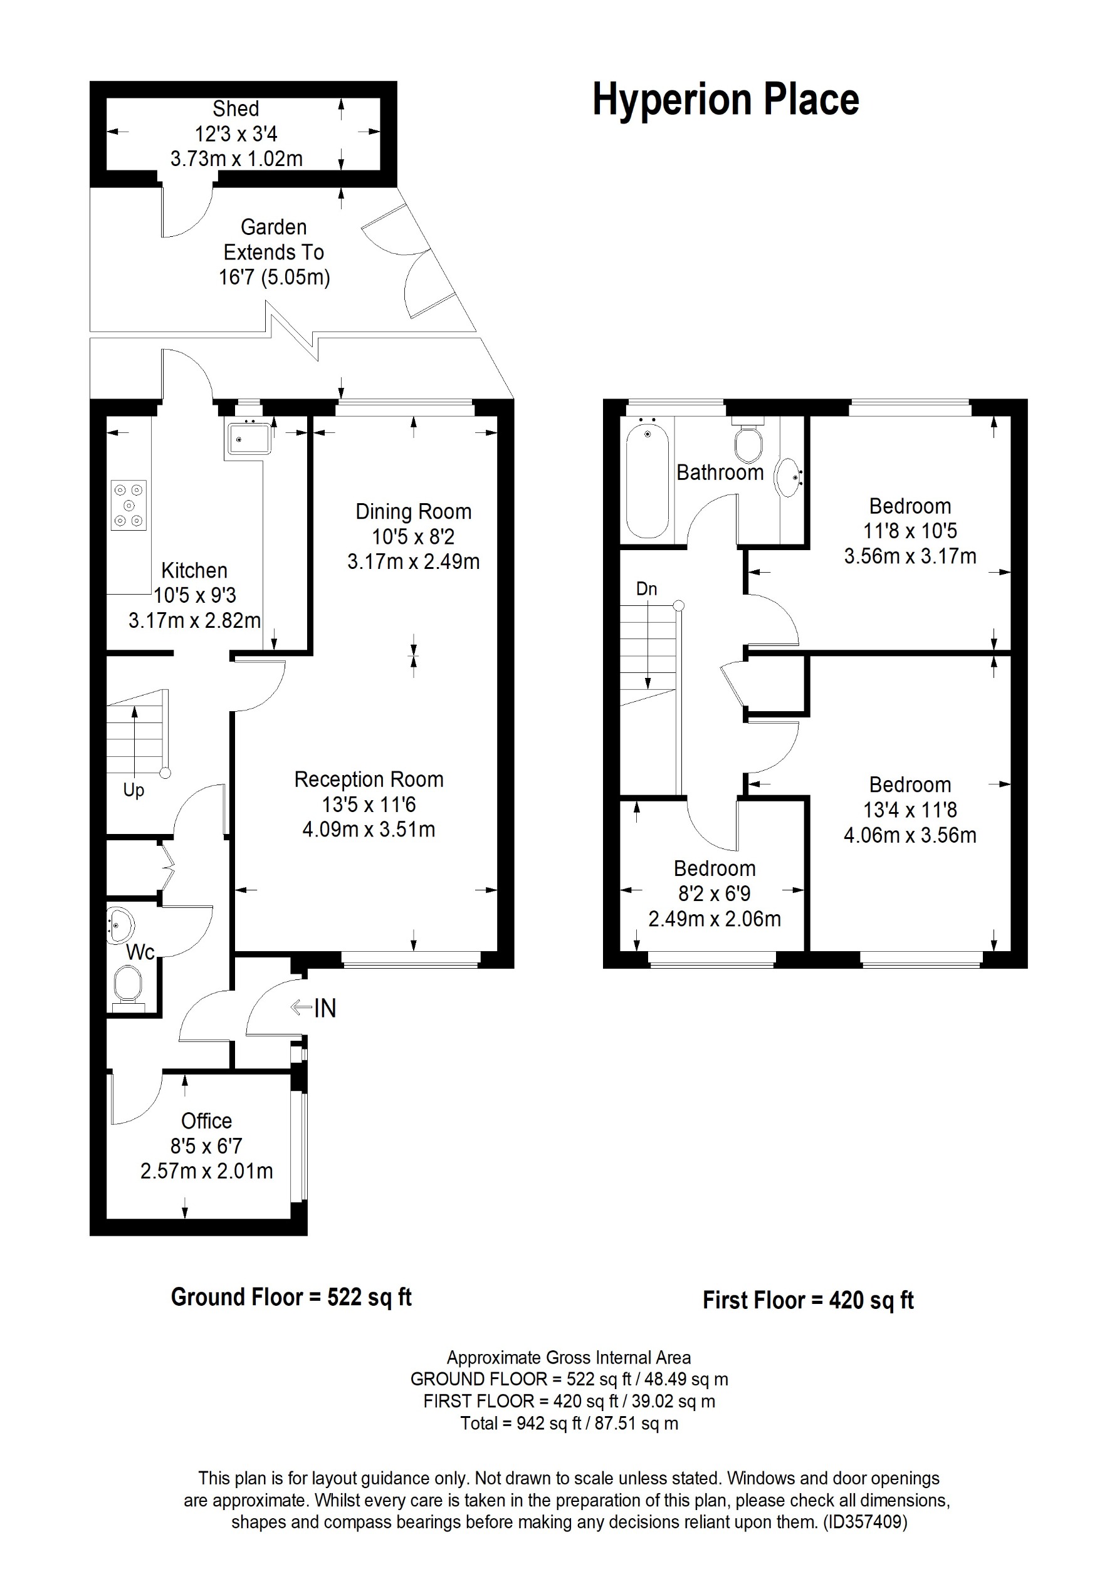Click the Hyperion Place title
[x=725, y=100]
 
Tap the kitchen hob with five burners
[x=128, y=506]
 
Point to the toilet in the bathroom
[x=748, y=443]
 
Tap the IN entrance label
[x=324, y=1009]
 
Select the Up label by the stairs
[x=134, y=790]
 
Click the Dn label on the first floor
[x=646, y=589]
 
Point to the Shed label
[x=235, y=108]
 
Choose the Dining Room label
[x=412, y=512]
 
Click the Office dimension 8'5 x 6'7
[x=206, y=1147]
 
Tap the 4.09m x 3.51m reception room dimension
[x=369, y=830]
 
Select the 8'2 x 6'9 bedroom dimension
[x=714, y=894]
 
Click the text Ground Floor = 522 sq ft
[x=291, y=1297]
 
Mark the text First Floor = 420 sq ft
[x=807, y=1300]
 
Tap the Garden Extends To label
[x=274, y=239]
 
